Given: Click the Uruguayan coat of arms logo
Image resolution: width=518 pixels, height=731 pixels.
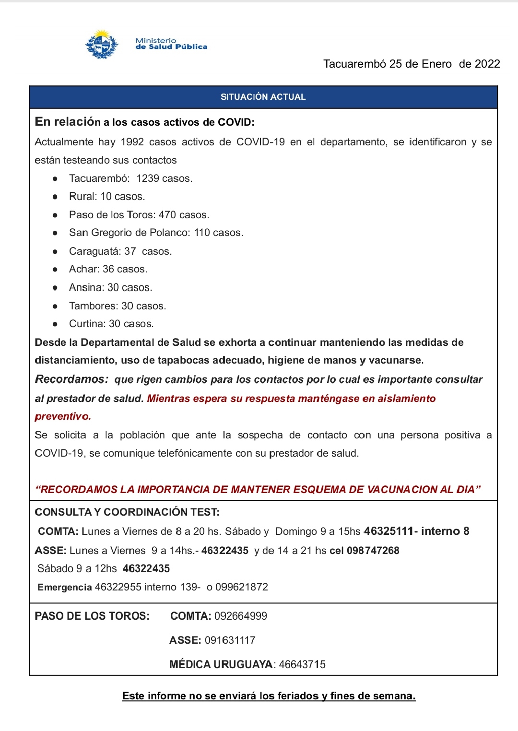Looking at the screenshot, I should pos(102,45).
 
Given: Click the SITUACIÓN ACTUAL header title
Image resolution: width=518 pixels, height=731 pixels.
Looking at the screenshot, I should pos(263,97).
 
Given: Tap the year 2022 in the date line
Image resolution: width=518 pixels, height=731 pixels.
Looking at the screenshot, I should pos(487,64).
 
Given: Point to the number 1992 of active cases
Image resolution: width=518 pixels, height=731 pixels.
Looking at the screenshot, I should pos(132,142).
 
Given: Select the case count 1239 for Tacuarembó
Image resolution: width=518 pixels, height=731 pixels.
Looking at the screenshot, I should pos(148,178).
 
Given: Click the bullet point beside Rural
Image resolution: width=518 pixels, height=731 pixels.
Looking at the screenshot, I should pos(55,197).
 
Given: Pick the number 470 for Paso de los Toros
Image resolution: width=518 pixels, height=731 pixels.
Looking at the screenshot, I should pos(167,214).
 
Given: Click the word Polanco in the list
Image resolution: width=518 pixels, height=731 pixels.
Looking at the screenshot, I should pos(170,233).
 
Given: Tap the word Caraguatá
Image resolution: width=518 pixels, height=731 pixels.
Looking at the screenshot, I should pos(94,251).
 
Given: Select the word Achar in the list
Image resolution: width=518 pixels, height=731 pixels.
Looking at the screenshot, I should pos(84,269).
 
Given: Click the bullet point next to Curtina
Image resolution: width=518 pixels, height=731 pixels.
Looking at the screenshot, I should pos(55,324).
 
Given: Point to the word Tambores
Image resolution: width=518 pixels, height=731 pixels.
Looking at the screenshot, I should pos(93,306).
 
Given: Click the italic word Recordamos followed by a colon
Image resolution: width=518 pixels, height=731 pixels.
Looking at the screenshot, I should pos(72,379).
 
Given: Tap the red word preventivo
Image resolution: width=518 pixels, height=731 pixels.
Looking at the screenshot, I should pos(62,416).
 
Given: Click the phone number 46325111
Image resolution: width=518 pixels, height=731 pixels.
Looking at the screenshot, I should pos(388,531).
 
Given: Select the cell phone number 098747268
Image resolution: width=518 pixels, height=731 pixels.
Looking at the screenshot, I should pos(373,551).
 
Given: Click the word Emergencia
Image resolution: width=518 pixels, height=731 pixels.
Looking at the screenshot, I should pos(64,587).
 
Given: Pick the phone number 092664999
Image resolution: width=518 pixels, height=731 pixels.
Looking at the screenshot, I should pos(241,616).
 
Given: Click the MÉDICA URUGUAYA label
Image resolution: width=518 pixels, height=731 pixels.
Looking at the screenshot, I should pos(221,665).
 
